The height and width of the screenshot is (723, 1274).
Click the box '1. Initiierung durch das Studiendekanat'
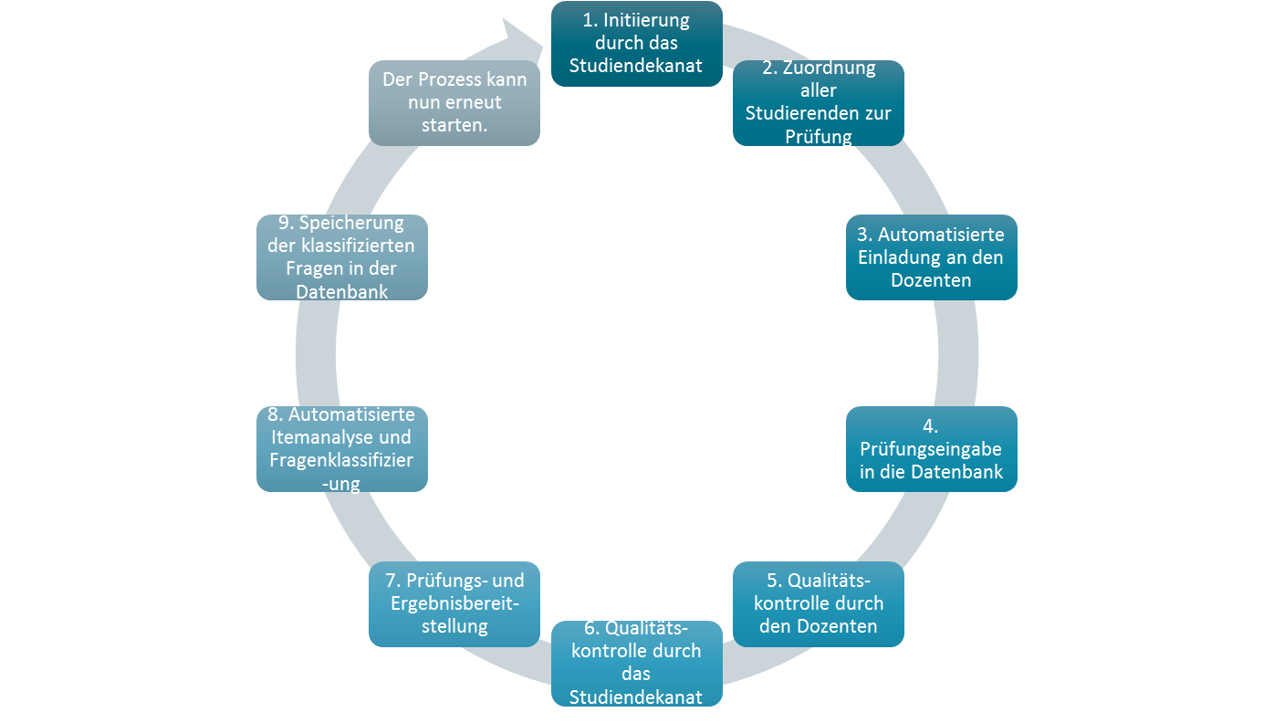[x=636, y=44]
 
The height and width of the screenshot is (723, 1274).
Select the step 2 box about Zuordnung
[x=818, y=102]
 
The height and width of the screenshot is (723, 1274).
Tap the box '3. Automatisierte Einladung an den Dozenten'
[x=931, y=257]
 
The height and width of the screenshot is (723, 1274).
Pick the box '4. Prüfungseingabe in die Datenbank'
[x=931, y=449]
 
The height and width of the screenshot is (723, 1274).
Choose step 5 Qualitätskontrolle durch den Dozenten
[x=819, y=603]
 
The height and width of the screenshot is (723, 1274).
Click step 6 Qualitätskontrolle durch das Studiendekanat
[x=636, y=663]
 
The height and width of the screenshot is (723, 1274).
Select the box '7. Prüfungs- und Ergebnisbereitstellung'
[x=454, y=603]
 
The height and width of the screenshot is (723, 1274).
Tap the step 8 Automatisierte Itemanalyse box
[x=342, y=449]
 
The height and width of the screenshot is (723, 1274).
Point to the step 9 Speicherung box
[x=342, y=257]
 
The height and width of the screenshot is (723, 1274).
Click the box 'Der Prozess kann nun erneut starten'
[x=454, y=102]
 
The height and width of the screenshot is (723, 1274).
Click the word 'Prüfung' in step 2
[x=818, y=137]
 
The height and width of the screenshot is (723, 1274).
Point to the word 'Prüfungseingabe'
[x=931, y=449]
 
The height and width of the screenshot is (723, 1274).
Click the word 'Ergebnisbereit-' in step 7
[x=454, y=603]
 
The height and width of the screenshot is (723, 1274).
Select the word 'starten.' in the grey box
[x=454, y=125]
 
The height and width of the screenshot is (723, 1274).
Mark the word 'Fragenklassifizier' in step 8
[x=341, y=460]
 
